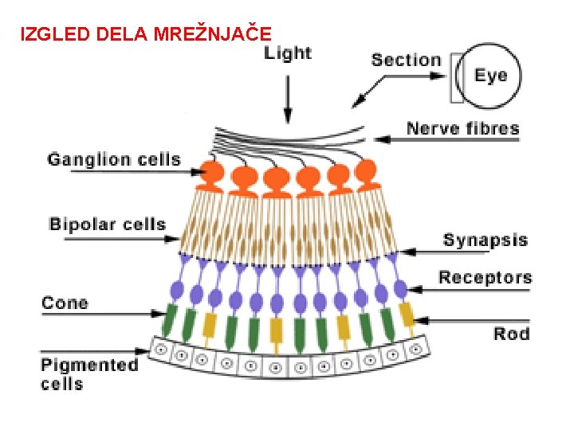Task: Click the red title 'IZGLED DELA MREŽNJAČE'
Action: click(x=146, y=34)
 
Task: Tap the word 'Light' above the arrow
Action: click(x=288, y=53)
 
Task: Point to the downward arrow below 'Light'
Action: click(x=288, y=99)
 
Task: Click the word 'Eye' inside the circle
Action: click(x=491, y=76)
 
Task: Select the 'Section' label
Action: click(x=406, y=60)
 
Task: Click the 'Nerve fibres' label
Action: click(x=463, y=129)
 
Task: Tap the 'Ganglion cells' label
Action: click(x=114, y=160)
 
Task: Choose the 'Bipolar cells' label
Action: click(x=108, y=224)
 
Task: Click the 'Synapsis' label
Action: click(x=486, y=240)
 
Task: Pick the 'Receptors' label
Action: click(x=486, y=278)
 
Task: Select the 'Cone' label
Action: click(x=65, y=303)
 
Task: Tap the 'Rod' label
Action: click(x=511, y=334)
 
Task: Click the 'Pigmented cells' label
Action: click(x=89, y=374)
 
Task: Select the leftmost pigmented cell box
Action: click(x=160, y=349)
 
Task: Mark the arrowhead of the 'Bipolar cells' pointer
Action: click(x=172, y=239)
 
